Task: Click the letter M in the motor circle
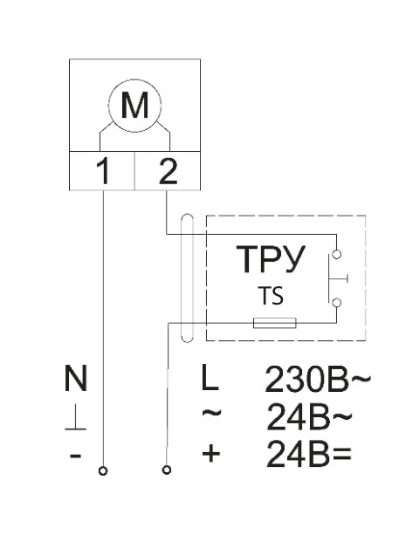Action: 134,105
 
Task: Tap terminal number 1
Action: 103,170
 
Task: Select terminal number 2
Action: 168,170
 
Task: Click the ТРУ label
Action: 271,259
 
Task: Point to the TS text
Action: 271,296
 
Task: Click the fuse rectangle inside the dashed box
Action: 275,323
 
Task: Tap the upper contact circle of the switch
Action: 336,254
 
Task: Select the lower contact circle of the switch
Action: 336,303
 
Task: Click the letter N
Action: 76,378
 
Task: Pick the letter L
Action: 210,378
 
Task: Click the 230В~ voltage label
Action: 318,379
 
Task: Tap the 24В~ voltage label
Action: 309,417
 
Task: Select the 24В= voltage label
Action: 309,454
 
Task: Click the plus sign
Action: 211,453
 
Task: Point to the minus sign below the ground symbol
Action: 75,456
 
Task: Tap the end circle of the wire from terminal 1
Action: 103,470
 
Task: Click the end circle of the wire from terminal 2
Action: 167,470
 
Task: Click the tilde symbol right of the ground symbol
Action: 211,412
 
